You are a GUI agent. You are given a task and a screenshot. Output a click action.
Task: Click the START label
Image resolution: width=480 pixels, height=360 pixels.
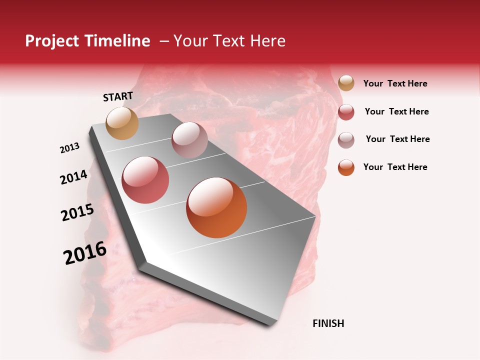tap(118, 96)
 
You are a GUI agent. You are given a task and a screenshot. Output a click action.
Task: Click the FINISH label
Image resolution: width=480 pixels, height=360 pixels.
tap(328, 323)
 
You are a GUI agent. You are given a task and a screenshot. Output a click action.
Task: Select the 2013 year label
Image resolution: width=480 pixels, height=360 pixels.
tap(70, 147)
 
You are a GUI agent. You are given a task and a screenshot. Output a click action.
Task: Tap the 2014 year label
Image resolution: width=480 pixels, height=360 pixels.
tap(74, 177)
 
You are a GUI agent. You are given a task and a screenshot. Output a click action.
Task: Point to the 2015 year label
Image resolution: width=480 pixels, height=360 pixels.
tap(77, 212)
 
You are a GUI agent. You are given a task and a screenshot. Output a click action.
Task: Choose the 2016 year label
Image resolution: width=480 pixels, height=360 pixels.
tap(85, 253)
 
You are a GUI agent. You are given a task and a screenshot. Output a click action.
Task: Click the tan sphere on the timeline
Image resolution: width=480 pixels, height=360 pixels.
tap(122, 123)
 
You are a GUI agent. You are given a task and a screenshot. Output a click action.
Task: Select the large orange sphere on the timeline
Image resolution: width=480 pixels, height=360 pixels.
tap(216, 207)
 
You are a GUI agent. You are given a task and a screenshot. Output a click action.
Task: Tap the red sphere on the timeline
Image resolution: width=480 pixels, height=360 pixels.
tap(145, 180)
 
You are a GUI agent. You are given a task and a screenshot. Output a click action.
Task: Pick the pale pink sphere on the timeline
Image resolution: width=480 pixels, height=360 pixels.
tap(189, 140)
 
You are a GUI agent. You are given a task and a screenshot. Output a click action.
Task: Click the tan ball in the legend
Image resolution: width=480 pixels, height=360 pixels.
tap(346, 83)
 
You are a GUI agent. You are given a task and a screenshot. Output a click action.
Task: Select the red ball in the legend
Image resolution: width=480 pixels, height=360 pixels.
tap(346, 112)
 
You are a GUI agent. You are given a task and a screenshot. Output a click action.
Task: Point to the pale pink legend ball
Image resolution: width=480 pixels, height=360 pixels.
tap(346, 140)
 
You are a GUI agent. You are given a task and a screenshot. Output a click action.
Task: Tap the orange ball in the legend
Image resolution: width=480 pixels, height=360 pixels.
tap(346, 167)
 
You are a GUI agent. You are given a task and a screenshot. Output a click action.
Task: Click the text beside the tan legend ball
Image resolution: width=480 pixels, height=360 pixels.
tap(395, 83)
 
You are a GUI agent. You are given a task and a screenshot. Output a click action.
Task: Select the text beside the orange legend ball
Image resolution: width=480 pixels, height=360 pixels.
tap(395, 167)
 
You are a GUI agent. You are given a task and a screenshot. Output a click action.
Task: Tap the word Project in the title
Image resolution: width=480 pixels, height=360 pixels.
tap(52, 41)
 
